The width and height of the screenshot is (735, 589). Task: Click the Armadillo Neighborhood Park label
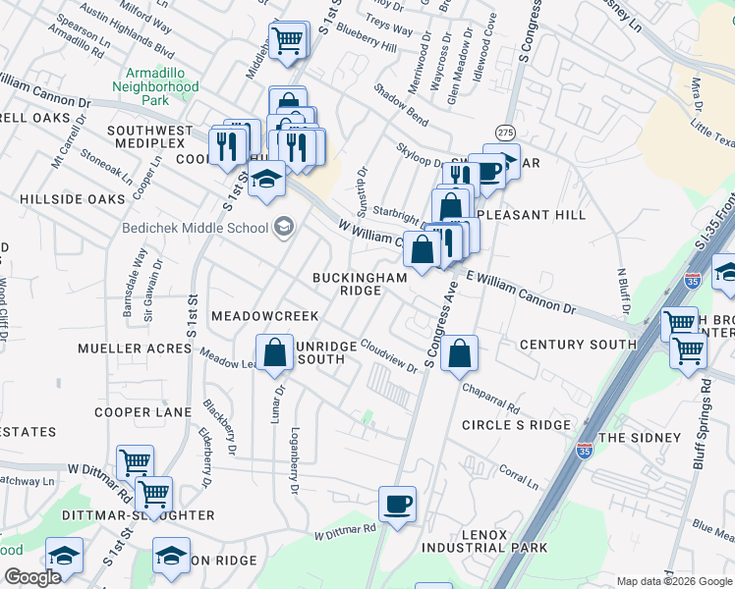(162, 86)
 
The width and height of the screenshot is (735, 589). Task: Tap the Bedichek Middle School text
(195, 229)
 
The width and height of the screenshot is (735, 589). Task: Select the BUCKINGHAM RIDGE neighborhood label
(360, 285)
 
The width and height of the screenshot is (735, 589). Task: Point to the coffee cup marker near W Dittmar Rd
(398, 505)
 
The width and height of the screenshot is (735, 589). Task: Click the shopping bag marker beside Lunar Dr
(275, 353)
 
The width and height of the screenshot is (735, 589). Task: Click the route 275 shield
(505, 132)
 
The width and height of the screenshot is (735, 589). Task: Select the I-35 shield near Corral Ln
(585, 451)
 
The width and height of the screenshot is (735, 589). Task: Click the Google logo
(31, 577)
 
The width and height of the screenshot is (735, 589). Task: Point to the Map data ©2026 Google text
(674, 581)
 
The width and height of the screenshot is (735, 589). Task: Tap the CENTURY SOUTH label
(578, 345)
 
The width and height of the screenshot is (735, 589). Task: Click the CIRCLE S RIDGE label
(516, 425)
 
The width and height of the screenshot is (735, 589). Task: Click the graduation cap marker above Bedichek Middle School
(265, 181)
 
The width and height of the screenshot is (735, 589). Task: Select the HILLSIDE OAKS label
(73, 199)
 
